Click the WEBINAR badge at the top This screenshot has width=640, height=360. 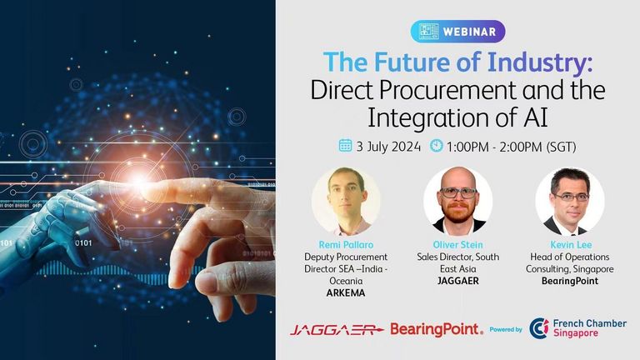tap(458, 32)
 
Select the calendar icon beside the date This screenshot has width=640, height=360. tap(345, 145)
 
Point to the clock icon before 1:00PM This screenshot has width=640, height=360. tap(437, 145)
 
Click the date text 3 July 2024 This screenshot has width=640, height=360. tap(388, 146)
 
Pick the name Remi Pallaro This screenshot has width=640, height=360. tap(346, 245)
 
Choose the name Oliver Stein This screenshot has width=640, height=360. tap(458, 245)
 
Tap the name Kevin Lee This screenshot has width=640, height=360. tap(571, 245)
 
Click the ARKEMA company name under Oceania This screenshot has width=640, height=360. tap(346, 293)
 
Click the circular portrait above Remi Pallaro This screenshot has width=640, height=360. tap(346, 201)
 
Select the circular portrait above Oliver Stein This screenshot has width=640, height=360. tap(458, 201)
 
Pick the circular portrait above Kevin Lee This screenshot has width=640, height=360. tap(570, 201)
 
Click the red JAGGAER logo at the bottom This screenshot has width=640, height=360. tap(337, 329)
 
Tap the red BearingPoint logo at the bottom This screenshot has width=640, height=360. tap(437, 329)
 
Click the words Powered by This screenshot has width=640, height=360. tap(506, 329)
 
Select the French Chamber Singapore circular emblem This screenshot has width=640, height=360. tap(539, 328)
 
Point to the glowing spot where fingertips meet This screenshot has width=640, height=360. tap(138, 182)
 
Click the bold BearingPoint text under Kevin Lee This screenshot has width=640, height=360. tap(570, 281)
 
